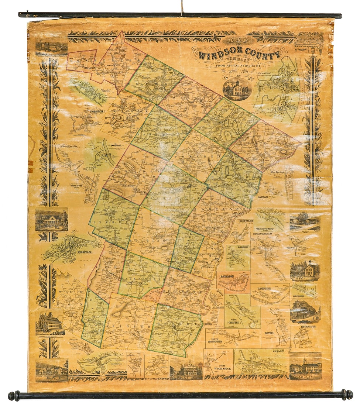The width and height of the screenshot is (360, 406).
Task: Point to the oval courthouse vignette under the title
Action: click(x=237, y=89)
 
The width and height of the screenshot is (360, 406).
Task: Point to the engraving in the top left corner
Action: click(x=51, y=47)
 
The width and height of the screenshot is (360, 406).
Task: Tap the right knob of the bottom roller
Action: click(x=347, y=395)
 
